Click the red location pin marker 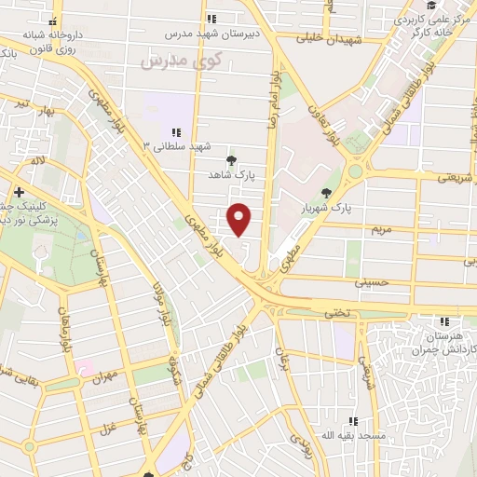click(240, 220)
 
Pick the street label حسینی click(371, 279)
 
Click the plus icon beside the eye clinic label click(19, 192)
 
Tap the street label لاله click(37, 161)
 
